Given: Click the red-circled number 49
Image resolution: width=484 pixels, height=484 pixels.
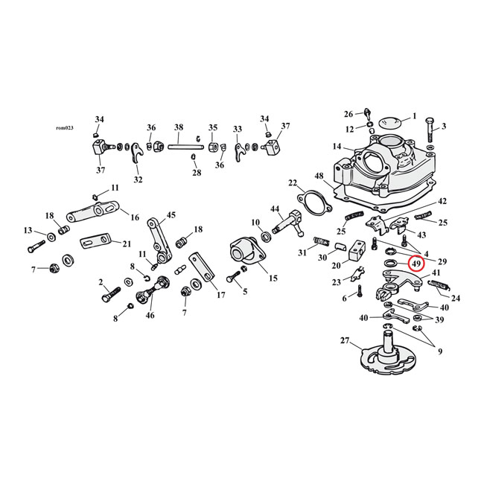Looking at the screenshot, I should point(416,263).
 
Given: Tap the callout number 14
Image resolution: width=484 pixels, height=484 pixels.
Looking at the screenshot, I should point(337,147).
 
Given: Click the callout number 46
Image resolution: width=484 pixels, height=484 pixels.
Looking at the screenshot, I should point(151,316).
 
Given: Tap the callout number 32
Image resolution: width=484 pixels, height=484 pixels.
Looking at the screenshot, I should point(138,179).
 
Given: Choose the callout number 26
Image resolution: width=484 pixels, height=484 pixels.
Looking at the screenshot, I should point(348,114).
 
